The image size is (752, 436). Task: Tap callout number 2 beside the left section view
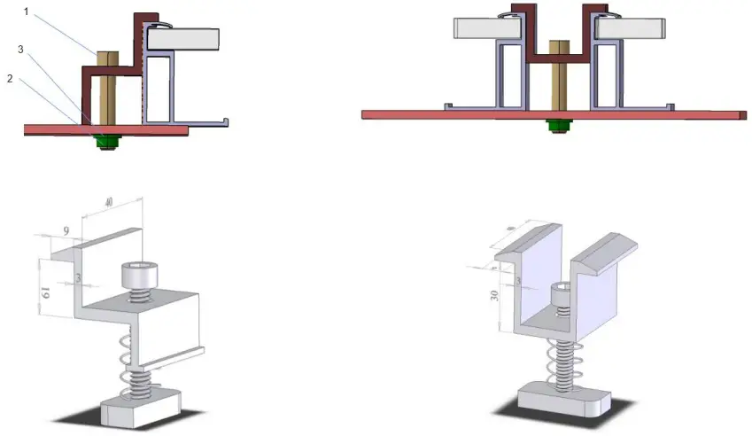pos(9,77)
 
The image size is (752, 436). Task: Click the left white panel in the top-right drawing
pos(485,28)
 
